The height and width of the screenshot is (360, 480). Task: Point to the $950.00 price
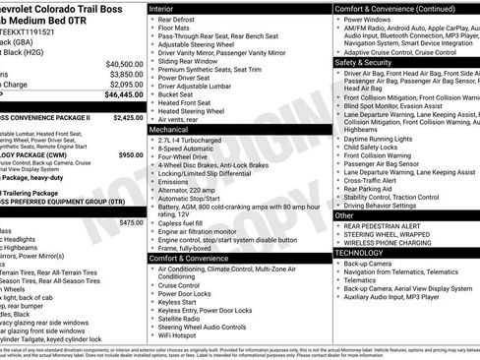130,155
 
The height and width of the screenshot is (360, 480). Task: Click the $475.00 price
130,222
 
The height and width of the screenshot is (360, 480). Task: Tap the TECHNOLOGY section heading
359,253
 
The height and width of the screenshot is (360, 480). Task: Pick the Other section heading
344,214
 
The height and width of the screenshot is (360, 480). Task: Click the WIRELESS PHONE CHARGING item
389,243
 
